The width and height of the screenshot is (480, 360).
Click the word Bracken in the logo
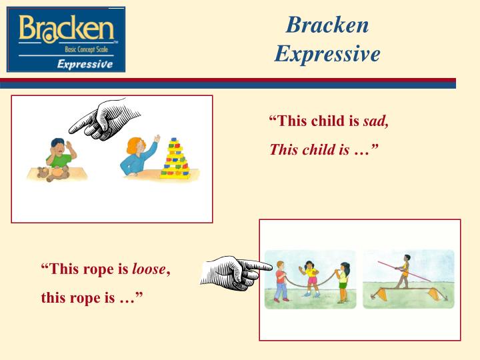tap(66, 29)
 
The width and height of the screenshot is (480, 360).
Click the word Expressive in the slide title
tap(327, 53)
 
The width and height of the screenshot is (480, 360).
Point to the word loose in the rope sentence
tap(148, 269)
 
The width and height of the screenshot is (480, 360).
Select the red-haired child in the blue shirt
tap(137, 157)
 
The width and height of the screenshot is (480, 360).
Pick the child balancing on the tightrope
tap(404, 273)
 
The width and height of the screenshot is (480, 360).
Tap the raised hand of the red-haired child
tap(157, 138)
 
